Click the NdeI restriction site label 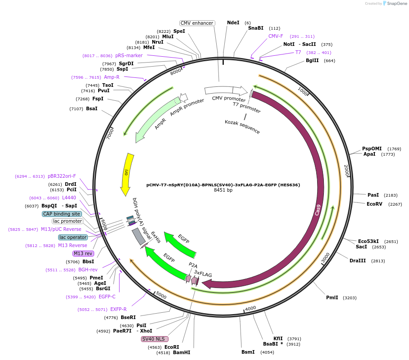pyautogui.click(x=233, y=22)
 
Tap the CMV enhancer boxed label pyautogui.click(x=197, y=23)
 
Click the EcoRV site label pyautogui.click(x=374, y=204)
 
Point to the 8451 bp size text pyautogui.click(x=223, y=190)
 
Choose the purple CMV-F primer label pyautogui.click(x=276, y=36)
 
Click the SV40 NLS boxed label pyautogui.click(x=155, y=339)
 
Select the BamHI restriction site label pyautogui.click(x=182, y=352)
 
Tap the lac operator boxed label pyautogui.click(x=73, y=237)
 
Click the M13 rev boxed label pyautogui.click(x=83, y=253)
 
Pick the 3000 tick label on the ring pyautogui.click(x=325, y=258)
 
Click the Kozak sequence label pyautogui.click(x=242, y=127)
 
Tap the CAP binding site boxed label pyautogui.click(x=62, y=214)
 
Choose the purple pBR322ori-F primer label pyautogui.click(x=62, y=176)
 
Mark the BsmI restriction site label pyautogui.click(x=248, y=352)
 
